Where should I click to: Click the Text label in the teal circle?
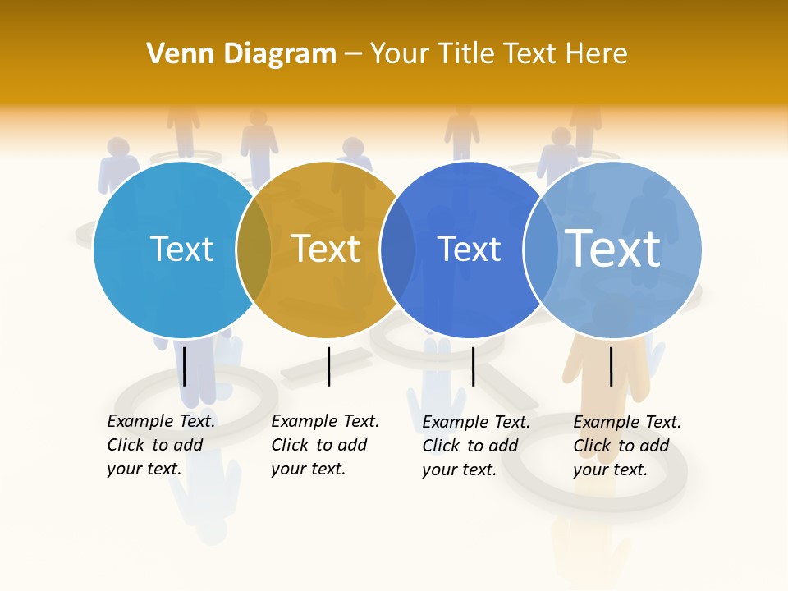(x=181, y=249)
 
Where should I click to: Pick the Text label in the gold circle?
(x=326, y=249)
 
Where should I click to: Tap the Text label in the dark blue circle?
(x=469, y=249)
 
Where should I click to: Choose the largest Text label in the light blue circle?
(x=613, y=248)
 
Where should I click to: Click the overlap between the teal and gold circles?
(x=254, y=250)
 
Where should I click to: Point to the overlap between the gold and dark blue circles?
(x=397, y=250)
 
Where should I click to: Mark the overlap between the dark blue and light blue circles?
(x=541, y=250)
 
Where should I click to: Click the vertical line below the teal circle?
(x=185, y=366)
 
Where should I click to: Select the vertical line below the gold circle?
(x=328, y=366)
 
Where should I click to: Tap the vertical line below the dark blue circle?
(x=473, y=366)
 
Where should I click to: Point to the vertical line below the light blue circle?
(x=611, y=366)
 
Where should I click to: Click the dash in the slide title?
(x=353, y=54)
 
